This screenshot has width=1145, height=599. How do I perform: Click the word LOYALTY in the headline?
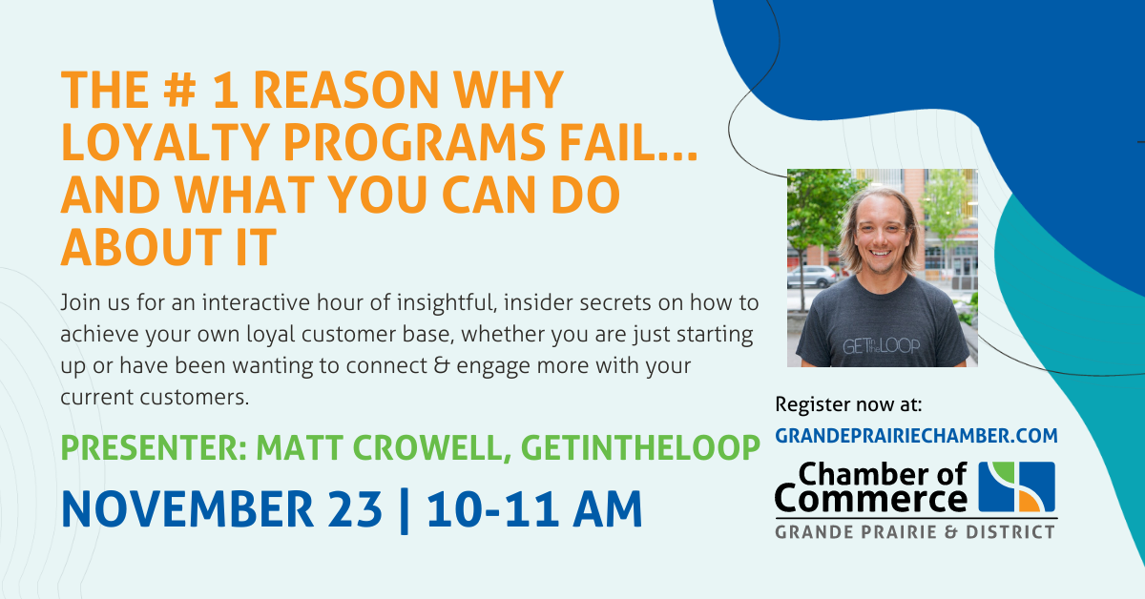[x=165, y=142]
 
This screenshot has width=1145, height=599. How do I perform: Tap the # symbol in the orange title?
[x=179, y=90]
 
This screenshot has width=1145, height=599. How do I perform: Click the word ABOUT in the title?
[x=141, y=247]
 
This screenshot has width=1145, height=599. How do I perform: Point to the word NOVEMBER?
[x=188, y=509]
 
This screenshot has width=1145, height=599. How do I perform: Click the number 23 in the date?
[x=355, y=509]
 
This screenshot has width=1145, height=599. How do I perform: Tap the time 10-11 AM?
[x=534, y=509]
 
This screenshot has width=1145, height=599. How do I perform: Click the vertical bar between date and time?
[x=405, y=511]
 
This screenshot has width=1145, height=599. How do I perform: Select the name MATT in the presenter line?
[x=299, y=447]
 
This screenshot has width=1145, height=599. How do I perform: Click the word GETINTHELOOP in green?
[x=640, y=447]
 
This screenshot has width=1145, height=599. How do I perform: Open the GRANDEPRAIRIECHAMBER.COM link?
[x=916, y=436]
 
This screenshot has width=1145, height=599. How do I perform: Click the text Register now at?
[x=848, y=404]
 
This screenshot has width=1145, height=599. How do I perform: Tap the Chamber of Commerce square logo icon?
[x=1017, y=487]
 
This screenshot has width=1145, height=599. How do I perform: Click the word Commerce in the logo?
[x=871, y=499]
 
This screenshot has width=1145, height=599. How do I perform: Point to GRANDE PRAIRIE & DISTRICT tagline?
[x=915, y=532]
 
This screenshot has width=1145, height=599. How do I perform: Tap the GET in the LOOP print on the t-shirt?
[x=881, y=346]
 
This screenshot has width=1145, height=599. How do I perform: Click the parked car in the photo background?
[x=813, y=277]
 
